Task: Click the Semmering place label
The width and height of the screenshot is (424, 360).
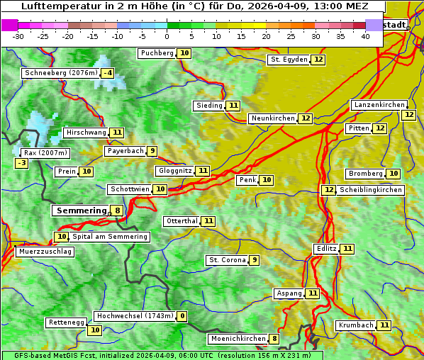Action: coord(80,210)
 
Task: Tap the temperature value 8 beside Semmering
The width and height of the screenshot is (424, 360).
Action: coord(117,210)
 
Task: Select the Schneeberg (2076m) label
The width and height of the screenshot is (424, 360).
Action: coord(60,73)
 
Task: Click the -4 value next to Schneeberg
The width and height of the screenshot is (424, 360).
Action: coord(107,73)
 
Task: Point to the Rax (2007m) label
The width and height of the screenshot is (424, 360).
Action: coord(45,152)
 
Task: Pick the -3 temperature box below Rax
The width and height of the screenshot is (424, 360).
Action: coord(22,163)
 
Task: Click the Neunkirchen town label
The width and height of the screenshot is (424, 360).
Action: coord(272,118)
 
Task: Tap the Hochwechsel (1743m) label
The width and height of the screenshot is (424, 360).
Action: coord(134,316)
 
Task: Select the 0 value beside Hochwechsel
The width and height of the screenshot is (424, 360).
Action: coord(182,316)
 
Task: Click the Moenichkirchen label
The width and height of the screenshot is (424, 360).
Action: coord(238,339)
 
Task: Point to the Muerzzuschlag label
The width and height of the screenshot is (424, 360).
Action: coord(44,252)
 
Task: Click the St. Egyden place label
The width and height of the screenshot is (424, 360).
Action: coord(289,60)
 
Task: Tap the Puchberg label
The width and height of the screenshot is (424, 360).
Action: coord(157,53)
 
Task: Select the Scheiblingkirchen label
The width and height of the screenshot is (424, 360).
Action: coord(371,190)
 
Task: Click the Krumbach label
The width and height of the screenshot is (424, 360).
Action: coord(356,325)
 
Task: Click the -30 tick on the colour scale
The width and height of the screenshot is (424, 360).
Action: coord(18,37)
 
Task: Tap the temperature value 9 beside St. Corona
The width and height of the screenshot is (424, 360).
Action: coord(254,260)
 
